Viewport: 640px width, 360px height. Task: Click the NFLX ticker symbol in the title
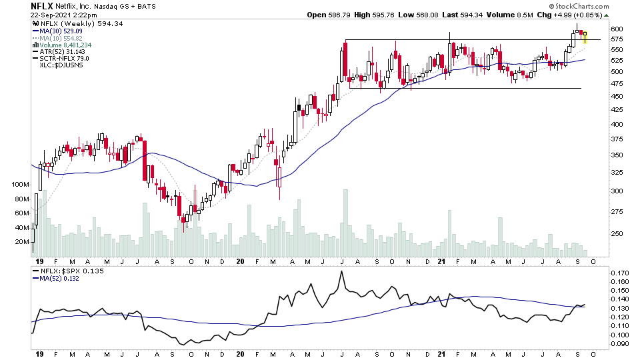[x=41, y=5]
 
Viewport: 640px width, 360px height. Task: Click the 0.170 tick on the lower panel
[x=621, y=273]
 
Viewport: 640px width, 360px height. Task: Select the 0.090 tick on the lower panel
[x=621, y=344]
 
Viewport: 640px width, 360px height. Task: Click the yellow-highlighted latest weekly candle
[x=585, y=36]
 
